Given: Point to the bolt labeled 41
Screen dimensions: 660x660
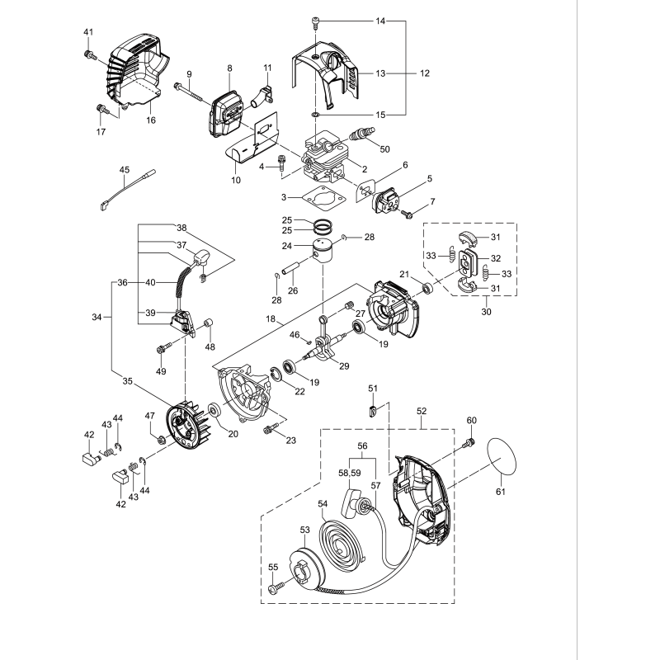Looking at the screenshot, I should (x=88, y=54).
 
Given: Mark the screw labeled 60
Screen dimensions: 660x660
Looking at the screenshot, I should (x=469, y=444).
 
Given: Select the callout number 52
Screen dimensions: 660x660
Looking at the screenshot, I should (x=422, y=409).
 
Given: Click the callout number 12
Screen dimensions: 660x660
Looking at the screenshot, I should (x=424, y=73).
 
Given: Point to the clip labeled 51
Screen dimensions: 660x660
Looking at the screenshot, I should (x=373, y=408).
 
